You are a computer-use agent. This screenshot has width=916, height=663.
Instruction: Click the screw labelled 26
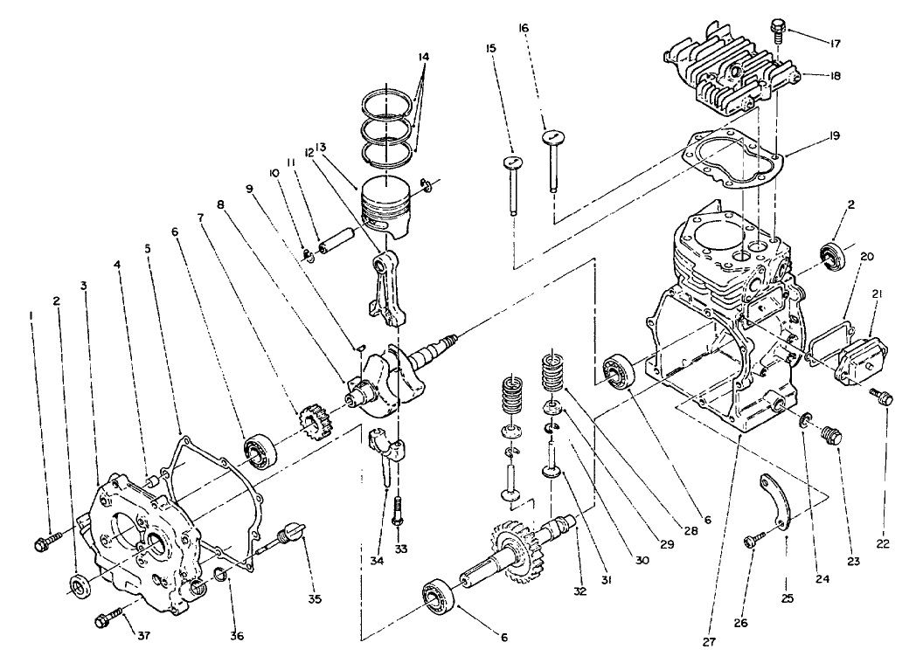tap(750, 542)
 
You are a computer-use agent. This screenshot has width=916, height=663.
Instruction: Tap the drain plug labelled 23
tap(828, 433)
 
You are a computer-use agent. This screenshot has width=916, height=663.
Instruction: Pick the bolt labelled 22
tap(882, 398)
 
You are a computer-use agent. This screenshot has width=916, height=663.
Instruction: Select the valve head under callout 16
tap(551, 135)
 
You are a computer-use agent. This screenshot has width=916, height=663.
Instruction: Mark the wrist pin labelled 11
tap(337, 240)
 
